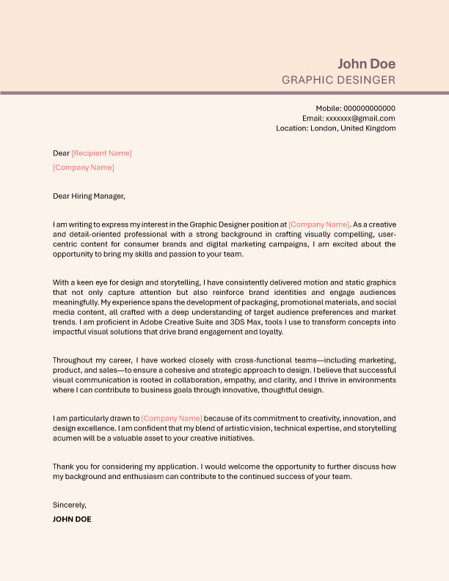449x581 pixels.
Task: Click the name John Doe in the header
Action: (366, 63)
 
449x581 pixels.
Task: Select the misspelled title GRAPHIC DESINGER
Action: (338, 80)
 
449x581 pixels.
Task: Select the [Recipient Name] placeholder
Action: (101, 153)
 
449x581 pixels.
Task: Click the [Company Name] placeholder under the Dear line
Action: (84, 167)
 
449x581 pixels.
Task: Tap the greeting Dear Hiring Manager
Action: (89, 196)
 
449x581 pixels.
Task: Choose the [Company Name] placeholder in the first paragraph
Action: (319, 224)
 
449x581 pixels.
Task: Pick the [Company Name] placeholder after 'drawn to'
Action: (172, 418)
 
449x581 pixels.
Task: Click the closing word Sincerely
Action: (70, 505)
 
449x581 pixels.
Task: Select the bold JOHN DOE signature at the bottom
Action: (72, 519)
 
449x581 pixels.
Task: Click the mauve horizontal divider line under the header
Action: (224, 93)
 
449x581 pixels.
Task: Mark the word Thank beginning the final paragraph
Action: (64, 467)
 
